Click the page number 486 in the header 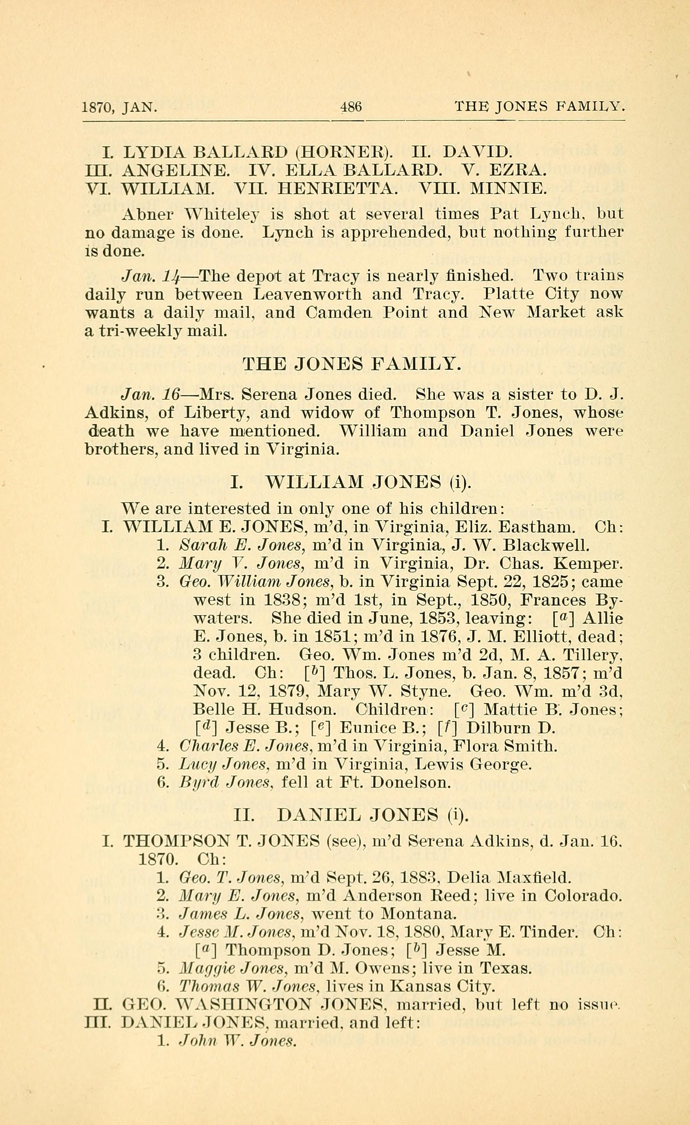point(351,107)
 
